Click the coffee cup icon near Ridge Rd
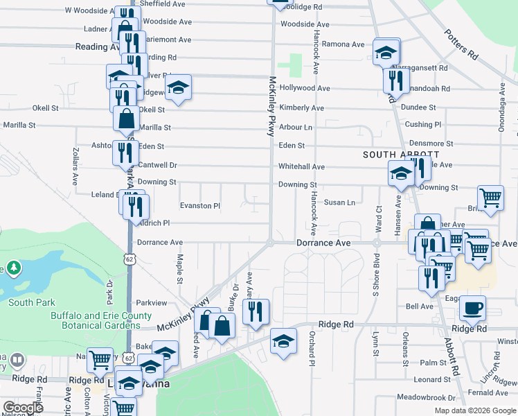point(472,308)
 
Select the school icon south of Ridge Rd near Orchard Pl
point(283,341)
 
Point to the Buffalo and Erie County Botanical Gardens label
point(101,320)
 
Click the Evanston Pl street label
point(199,206)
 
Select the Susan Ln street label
point(339,202)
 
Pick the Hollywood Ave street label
point(305,88)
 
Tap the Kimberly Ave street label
point(301,107)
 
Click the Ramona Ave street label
point(343,44)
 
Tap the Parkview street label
point(152,303)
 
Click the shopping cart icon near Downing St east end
point(490,198)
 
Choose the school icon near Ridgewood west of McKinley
point(179,87)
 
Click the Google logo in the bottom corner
point(23,408)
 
